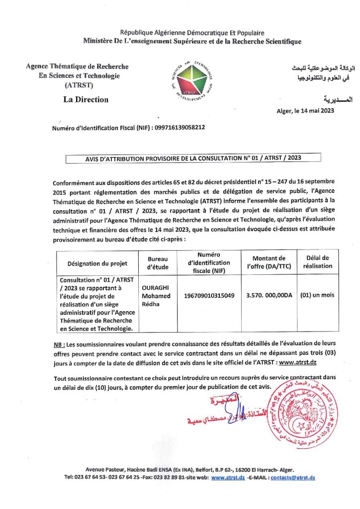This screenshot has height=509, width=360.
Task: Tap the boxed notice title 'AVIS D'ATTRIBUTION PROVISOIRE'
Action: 193,158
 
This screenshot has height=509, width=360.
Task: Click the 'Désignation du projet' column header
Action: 97,263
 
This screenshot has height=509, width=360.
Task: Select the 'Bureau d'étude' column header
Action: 158,263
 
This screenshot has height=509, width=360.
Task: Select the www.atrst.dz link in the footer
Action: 227,478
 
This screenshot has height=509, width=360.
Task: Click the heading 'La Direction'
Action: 86,99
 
